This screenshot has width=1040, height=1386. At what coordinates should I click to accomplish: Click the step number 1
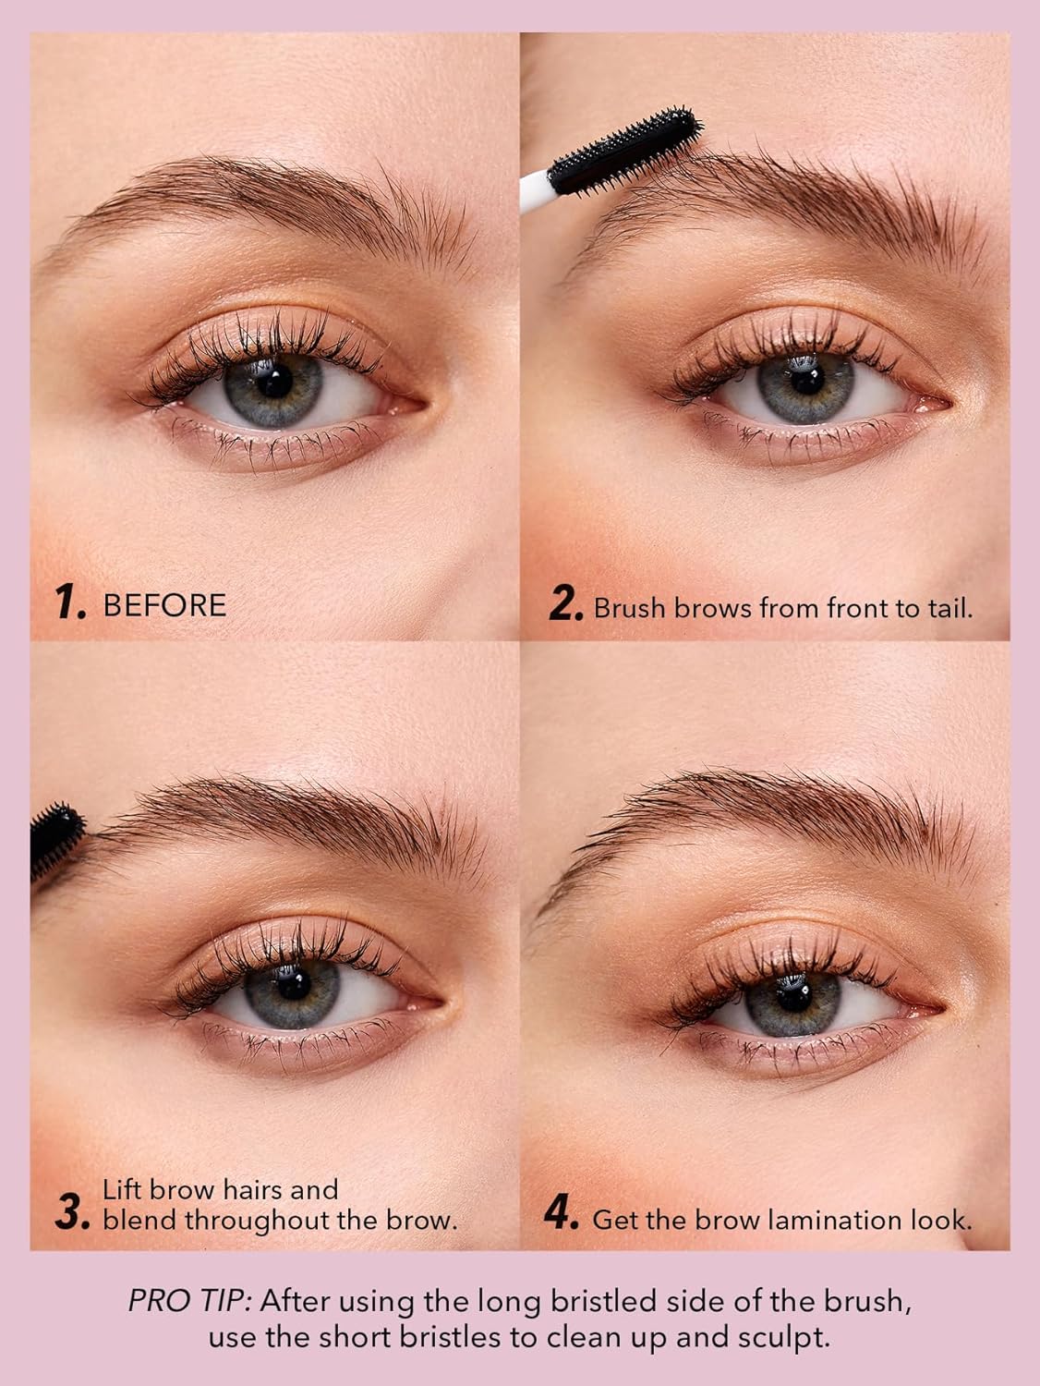click(x=73, y=604)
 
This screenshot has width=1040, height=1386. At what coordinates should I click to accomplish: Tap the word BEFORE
click(x=164, y=605)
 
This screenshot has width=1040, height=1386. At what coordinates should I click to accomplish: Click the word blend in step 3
click(x=140, y=1220)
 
